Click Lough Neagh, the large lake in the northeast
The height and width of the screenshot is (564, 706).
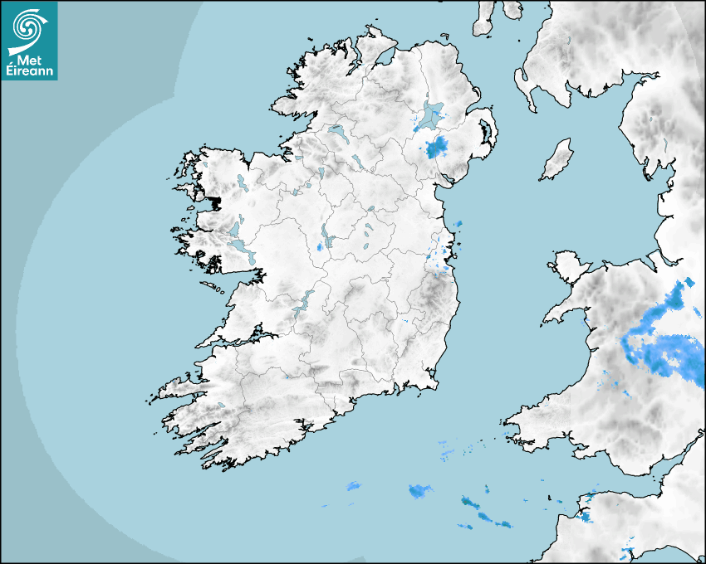coord(431,115)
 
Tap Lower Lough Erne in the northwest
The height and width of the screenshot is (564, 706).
coord(337,130)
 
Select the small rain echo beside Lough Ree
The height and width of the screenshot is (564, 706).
coord(321,247)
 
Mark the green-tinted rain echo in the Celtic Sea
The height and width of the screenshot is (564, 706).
coord(469,503)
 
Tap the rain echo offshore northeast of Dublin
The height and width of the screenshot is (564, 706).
coord(458,225)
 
